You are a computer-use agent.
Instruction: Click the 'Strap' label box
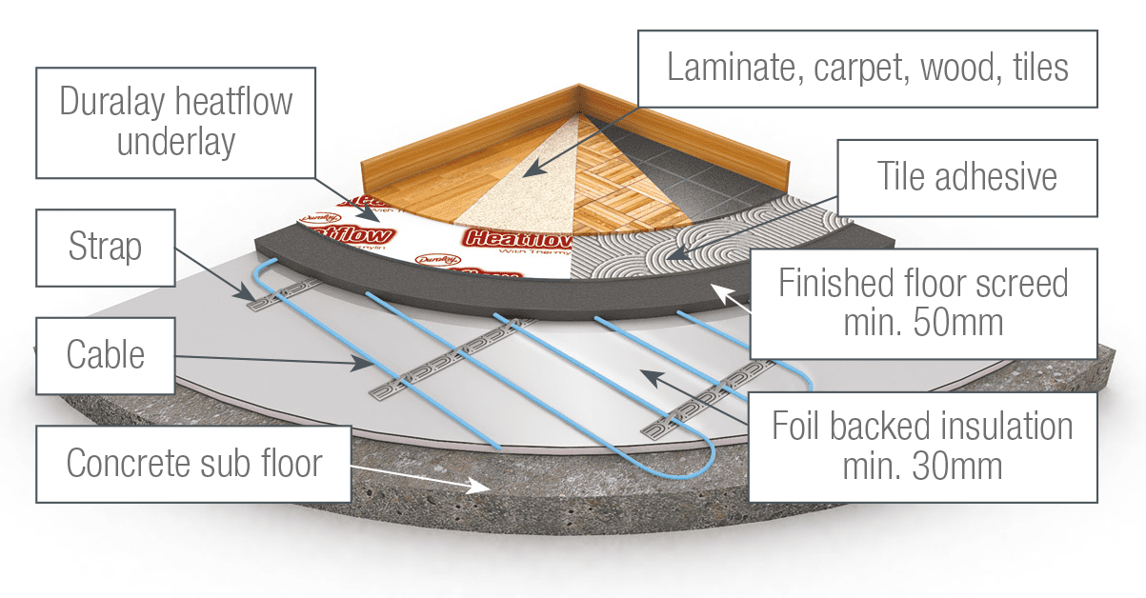(105, 247)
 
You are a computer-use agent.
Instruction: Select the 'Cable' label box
(105, 355)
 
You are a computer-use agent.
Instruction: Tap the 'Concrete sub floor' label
(194, 464)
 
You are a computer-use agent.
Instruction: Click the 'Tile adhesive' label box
(966, 177)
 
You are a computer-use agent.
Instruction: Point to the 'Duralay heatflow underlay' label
(175, 122)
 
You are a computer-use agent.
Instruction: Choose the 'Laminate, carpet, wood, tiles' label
(868, 68)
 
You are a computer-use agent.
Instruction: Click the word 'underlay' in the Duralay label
(175, 143)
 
